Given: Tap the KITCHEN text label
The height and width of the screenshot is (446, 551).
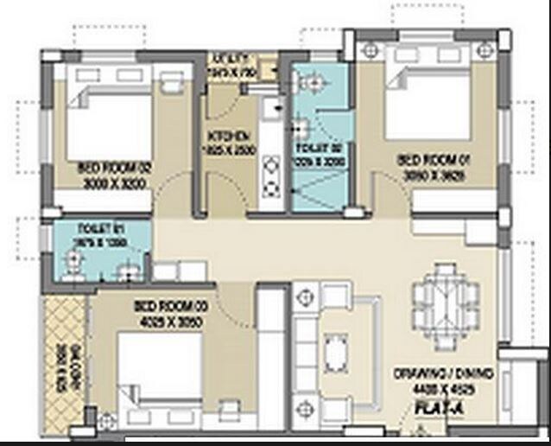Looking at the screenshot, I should point(229,136).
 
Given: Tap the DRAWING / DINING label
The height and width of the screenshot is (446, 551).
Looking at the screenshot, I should point(444,374).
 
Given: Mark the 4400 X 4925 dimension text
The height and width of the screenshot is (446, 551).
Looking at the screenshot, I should point(444,388).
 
